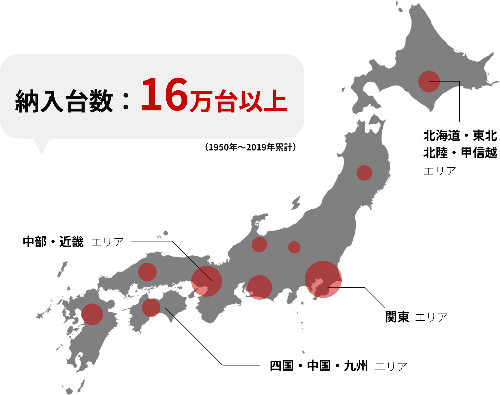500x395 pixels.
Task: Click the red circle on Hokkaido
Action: [x=429, y=81]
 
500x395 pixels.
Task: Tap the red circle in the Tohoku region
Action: [x=364, y=173]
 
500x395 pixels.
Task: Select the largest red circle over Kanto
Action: [x=323, y=279]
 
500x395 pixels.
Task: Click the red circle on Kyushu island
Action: [x=92, y=314]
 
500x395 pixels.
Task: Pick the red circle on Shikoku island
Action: [x=151, y=308]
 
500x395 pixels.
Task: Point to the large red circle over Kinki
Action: [x=207, y=281]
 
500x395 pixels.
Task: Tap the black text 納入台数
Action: [x=64, y=101]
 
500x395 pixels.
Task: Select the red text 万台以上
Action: [x=238, y=101]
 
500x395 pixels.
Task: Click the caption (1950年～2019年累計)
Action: [x=250, y=147]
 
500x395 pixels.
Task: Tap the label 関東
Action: [x=397, y=317]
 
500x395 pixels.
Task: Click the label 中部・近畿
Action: [x=53, y=242]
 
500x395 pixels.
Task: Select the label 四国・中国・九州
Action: [x=319, y=366]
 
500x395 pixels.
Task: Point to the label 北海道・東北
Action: [x=460, y=135]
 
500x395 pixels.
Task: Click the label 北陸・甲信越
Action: [x=460, y=153]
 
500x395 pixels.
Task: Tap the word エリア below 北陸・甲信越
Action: [x=440, y=171]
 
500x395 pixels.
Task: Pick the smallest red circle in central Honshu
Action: [x=294, y=247]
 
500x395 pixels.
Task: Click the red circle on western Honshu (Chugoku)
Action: [x=147, y=272]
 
